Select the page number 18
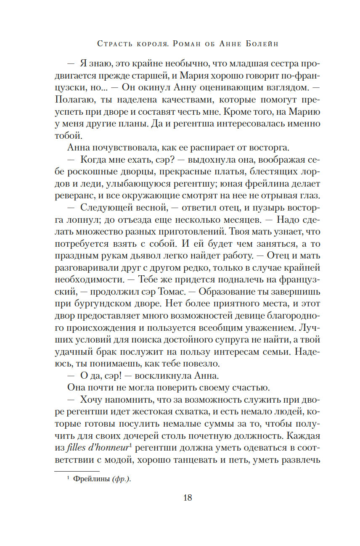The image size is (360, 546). tap(188, 498)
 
